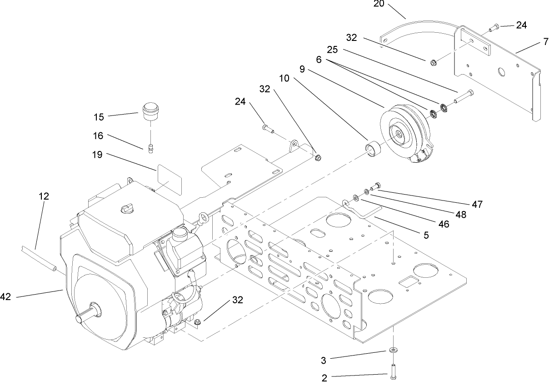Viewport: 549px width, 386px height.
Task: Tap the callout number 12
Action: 44,197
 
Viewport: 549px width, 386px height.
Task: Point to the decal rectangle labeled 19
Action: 169,177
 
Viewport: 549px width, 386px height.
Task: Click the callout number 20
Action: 379,4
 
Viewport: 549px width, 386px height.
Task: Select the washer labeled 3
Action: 392,350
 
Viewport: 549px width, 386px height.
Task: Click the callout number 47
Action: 476,205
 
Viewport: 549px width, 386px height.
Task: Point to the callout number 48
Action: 461,215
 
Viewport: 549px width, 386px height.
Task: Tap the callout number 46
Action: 444,224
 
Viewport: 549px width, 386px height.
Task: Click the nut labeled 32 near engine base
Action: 198,323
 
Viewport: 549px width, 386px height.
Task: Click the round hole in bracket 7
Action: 502,72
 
